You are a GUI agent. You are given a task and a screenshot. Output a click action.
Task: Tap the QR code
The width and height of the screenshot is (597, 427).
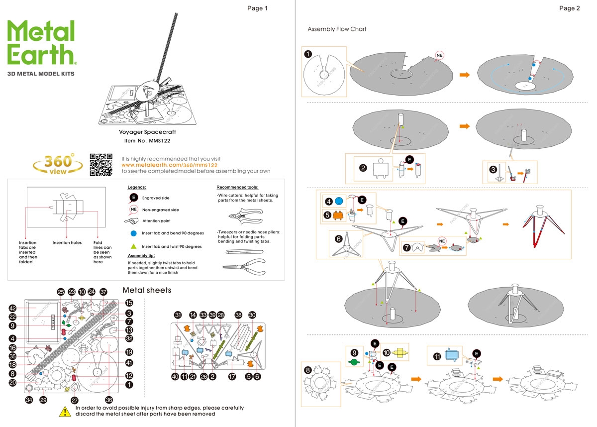click(x=101, y=165)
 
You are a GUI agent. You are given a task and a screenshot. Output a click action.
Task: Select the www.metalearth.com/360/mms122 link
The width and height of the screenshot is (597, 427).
click(x=169, y=165)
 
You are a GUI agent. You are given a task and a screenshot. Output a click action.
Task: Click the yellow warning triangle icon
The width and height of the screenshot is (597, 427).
click(x=65, y=411)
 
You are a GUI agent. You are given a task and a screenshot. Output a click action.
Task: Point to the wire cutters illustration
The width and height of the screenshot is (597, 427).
click(x=244, y=217)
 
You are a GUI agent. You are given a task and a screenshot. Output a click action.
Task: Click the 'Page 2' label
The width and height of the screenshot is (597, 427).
click(x=569, y=8)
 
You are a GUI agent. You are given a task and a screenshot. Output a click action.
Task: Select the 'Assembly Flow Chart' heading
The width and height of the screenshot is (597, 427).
click(x=337, y=29)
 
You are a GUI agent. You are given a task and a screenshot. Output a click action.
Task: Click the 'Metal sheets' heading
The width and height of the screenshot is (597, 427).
click(x=147, y=290)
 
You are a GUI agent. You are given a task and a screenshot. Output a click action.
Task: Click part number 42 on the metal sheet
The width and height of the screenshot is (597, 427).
click(x=12, y=308)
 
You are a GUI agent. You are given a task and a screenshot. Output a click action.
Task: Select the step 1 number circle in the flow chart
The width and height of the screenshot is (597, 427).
click(x=308, y=54)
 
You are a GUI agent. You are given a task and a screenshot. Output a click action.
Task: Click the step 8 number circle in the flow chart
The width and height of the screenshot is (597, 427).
click(x=308, y=370)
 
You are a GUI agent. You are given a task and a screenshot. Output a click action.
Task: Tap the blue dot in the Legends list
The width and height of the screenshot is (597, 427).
click(x=134, y=233)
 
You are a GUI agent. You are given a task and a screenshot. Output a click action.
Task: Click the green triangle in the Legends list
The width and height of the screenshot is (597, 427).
click(x=134, y=246)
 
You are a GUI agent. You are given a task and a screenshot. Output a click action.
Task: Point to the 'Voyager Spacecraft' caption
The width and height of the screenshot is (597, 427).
click(x=147, y=132)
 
